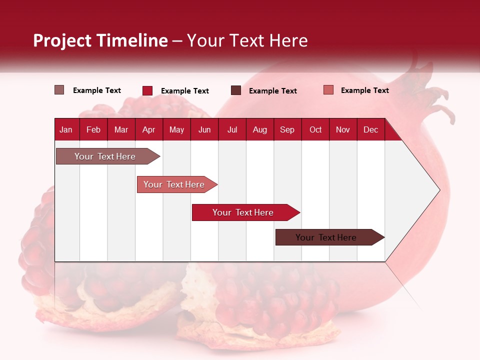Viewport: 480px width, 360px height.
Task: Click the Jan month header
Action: (x=66, y=129)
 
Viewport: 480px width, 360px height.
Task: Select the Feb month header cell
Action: (x=93, y=129)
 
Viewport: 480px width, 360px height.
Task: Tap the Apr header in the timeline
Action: (x=148, y=129)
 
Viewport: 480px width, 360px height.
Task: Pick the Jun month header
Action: (x=204, y=129)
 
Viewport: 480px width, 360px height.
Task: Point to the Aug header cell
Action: (x=259, y=129)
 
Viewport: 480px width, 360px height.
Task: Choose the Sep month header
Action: (x=287, y=129)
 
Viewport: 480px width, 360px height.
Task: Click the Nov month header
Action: (x=342, y=129)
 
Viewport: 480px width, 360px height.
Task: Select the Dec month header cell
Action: (x=370, y=129)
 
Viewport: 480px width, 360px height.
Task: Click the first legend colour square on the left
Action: (x=59, y=90)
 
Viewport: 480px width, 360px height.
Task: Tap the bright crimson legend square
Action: (x=147, y=90)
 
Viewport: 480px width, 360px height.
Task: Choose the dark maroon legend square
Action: (x=235, y=90)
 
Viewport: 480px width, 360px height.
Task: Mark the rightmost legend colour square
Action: (x=328, y=90)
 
